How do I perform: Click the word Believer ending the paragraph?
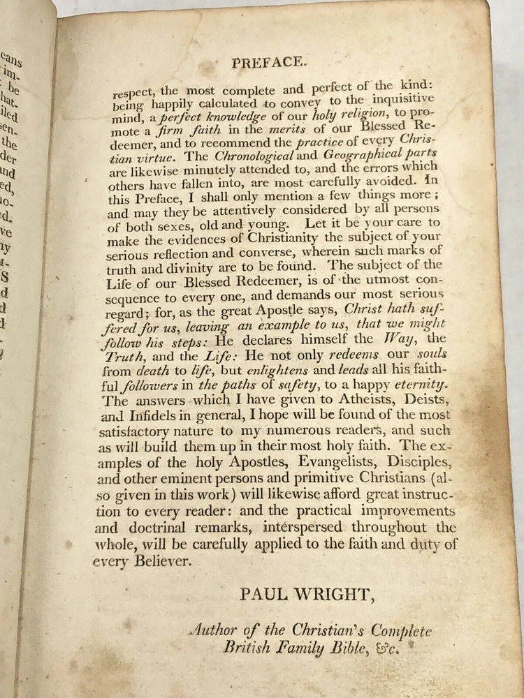click(x=160, y=561)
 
